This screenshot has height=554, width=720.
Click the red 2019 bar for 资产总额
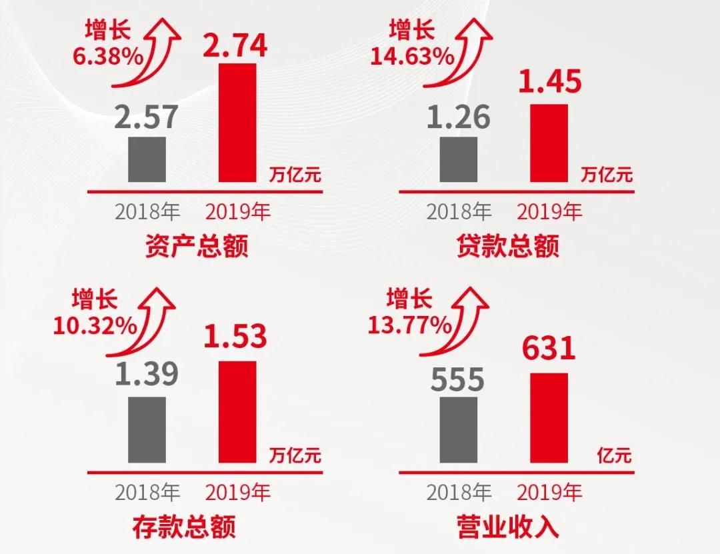(237, 123)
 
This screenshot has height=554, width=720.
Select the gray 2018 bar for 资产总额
(147, 159)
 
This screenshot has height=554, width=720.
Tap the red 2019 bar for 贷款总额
(549, 143)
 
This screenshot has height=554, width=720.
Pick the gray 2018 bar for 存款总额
(147, 429)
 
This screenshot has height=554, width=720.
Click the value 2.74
(235, 46)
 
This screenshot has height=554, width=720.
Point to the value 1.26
(459, 117)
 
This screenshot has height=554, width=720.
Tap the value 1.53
(235, 337)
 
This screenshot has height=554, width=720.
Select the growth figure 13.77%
(409, 325)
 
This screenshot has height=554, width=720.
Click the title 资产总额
(197, 247)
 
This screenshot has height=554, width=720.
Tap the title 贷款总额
(508, 247)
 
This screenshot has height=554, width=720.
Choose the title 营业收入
(508, 527)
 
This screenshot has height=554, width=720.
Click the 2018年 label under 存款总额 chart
(147, 493)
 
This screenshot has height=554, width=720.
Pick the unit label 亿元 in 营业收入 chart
(614, 456)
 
